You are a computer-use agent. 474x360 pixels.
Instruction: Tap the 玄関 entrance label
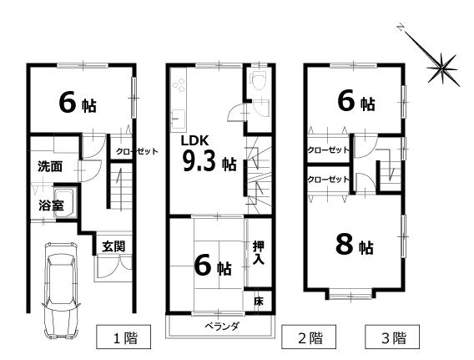(113, 246)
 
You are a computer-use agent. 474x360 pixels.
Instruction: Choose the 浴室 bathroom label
(50, 205)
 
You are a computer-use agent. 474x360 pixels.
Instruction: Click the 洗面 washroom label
(50, 166)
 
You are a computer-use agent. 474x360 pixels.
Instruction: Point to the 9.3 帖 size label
(210, 162)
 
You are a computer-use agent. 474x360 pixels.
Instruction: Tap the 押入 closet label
(259, 253)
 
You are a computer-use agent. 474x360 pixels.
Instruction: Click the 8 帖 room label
(354, 246)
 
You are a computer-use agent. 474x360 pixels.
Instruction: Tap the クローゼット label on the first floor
(136, 152)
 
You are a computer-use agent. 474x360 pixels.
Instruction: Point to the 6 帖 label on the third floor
(355, 103)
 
